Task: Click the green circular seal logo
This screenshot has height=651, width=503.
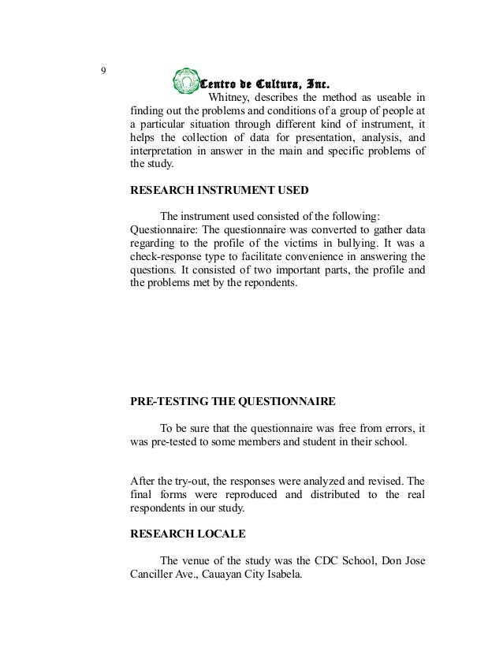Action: coord(186,82)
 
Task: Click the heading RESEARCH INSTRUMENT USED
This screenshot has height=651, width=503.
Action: coord(218,191)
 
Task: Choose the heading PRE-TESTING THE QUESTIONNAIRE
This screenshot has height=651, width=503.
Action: coord(232,401)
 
